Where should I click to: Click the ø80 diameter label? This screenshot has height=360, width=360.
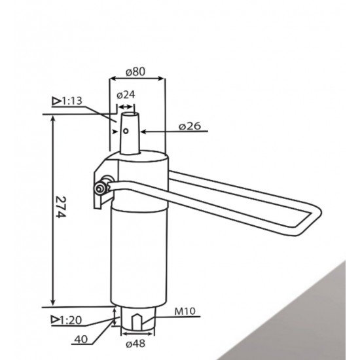tap(135, 71)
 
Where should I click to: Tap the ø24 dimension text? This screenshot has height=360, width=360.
tap(126, 95)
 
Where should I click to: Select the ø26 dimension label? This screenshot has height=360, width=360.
tap(190, 126)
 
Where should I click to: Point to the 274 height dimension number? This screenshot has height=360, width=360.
tap(61, 207)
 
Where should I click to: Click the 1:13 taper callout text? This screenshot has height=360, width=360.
tap(72, 101)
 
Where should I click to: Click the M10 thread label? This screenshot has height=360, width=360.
tap(185, 312)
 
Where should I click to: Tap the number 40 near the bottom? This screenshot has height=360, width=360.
tap(81, 339)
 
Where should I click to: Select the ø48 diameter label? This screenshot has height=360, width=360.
tap(135, 344)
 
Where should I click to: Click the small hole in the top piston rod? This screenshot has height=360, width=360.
tap(126, 131)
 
